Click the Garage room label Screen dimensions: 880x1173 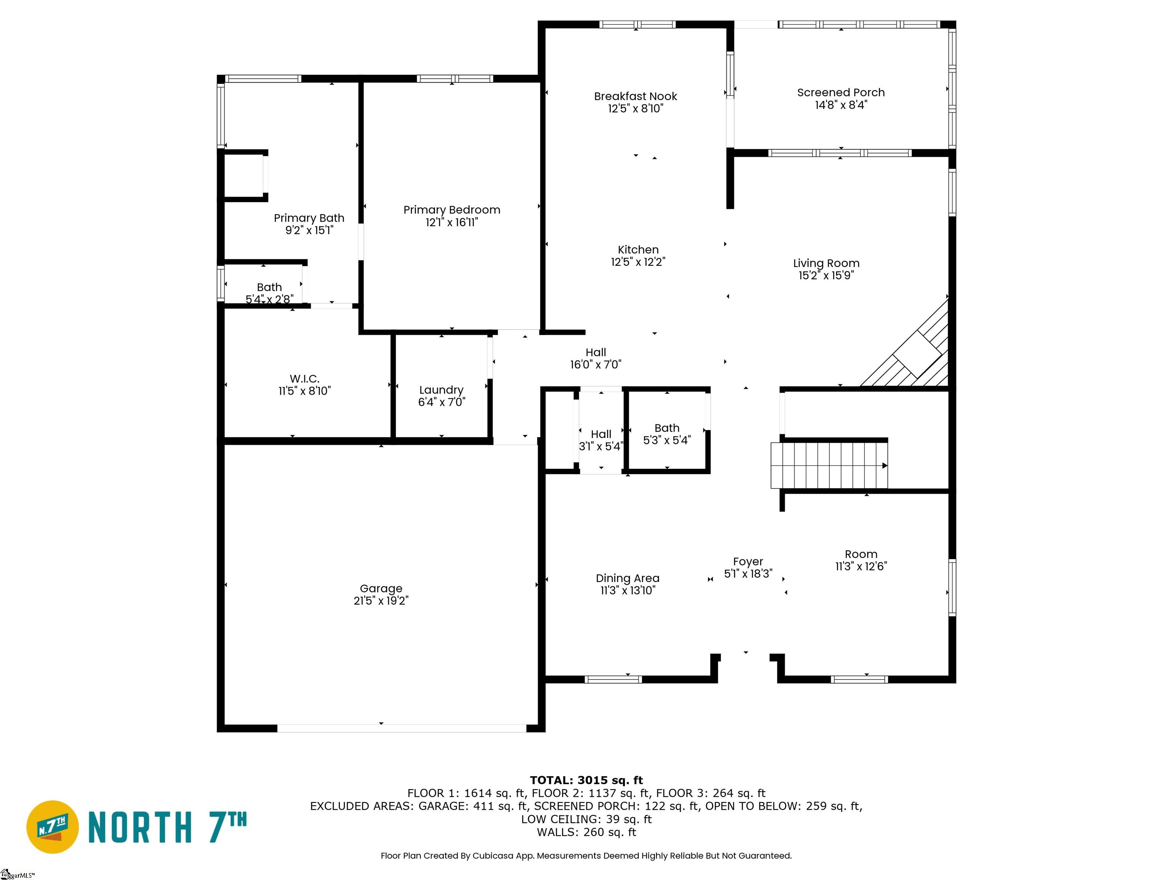(381, 588)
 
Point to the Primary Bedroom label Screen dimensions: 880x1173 (451, 210)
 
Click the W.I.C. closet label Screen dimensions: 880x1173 (304, 379)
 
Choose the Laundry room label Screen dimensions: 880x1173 (441, 390)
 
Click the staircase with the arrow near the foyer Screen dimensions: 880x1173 (828, 466)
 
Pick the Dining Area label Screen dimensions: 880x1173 (627, 578)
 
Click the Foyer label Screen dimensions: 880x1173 (748, 561)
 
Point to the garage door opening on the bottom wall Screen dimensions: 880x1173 (401, 728)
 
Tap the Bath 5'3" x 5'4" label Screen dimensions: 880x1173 (667, 428)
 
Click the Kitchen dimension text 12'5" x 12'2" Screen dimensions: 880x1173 (638, 262)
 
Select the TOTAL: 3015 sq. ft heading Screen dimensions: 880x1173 (586, 780)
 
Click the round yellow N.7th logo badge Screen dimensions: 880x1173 (52, 827)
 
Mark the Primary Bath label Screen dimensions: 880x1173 (309, 218)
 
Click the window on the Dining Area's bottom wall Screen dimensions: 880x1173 (613, 679)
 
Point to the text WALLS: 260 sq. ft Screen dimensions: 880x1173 (586, 832)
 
